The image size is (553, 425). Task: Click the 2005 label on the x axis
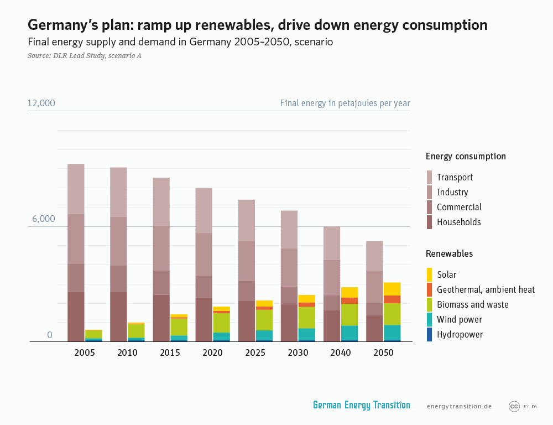[85, 353]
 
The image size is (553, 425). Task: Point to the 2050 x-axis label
[383, 353]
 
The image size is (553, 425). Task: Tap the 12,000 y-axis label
[41, 103]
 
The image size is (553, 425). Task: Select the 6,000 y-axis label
[43, 219]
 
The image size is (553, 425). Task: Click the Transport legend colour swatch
[430, 177]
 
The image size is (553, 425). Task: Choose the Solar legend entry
[446, 274]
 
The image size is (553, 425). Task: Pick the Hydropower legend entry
[460, 334]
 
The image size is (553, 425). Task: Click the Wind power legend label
[459, 319]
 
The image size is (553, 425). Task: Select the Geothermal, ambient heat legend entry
[486, 289]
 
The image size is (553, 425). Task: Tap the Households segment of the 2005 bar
[76, 317]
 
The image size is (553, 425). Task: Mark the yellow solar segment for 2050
[392, 289]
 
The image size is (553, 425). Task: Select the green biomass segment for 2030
[307, 317]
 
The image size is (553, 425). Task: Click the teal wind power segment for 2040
[349, 333]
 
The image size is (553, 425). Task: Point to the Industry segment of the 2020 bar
[204, 254]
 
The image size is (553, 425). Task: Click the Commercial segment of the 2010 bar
[118, 278]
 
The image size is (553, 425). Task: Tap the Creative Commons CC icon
[514, 406]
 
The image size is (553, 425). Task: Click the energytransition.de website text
[459, 406]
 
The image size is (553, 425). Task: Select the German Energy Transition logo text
[361, 405]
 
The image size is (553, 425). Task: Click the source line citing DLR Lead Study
[84, 55]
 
